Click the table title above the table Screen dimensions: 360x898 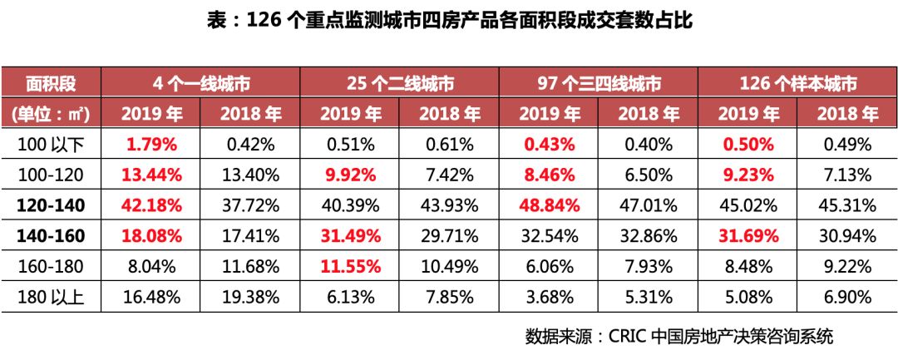(449, 21)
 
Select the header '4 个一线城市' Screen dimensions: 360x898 (200, 84)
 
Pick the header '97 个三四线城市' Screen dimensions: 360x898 (598, 84)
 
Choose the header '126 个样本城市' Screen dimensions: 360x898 (797, 84)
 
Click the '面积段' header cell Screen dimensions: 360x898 (51, 84)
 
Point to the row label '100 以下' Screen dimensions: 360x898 (51, 144)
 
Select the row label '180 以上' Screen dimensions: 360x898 (51, 297)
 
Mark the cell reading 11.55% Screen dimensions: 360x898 (349, 267)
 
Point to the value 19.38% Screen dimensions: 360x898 (249, 297)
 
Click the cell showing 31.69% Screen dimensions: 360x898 (748, 236)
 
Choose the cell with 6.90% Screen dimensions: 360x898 (847, 297)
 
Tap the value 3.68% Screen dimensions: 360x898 (548, 297)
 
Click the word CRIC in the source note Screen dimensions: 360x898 (629, 337)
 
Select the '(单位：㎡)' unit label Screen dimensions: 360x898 (51, 114)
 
